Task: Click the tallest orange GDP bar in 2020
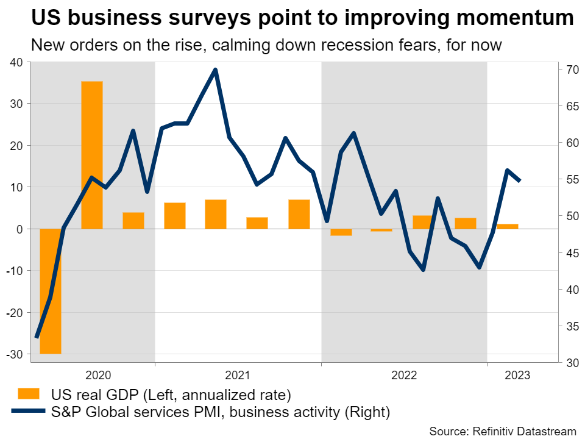92,155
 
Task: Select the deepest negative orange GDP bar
51,291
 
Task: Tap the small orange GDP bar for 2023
508,226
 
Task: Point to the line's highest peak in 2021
215,70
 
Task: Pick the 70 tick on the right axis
571,70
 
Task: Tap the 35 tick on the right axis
571,326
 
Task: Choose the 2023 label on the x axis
517,376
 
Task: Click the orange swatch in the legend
29,393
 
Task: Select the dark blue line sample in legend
29,412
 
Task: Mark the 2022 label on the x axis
405,376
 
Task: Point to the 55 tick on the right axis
571,180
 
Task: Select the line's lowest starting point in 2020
37,337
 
